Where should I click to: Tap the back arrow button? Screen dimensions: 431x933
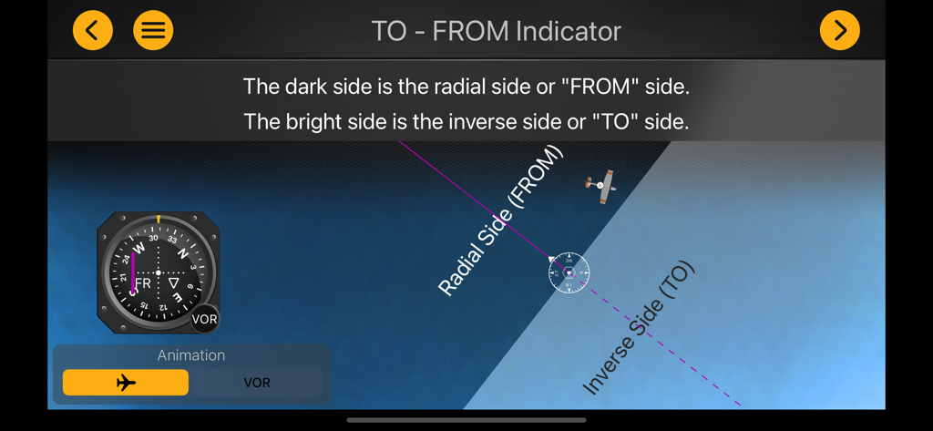tap(93, 31)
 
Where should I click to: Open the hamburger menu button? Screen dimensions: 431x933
tap(153, 31)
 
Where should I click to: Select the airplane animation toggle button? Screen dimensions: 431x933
tap(126, 383)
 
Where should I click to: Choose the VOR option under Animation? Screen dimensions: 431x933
tap(257, 383)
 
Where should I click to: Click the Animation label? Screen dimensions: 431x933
tap(191, 355)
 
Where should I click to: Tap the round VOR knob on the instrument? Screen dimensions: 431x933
tap(205, 318)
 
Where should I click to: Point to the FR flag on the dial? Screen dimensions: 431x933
tap(143, 284)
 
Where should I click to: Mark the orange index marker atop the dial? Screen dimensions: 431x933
tap(159, 219)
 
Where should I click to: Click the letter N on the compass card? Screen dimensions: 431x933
tap(182, 254)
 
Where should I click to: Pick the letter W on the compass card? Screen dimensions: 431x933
tap(139, 248)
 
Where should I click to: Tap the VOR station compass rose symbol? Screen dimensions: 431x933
tap(569, 272)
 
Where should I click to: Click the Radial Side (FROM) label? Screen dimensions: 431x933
tap(501, 221)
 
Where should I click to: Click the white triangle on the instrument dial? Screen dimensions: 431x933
tap(173, 283)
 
